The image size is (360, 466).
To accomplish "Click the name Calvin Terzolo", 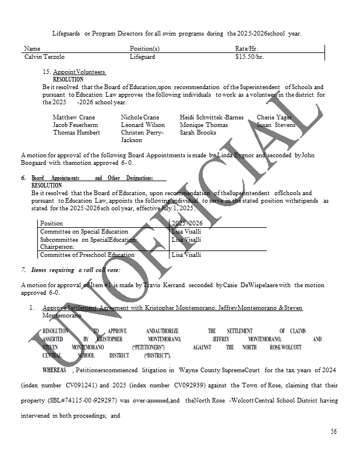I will click(44, 57).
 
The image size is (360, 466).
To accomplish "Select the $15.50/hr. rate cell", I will click(249, 57).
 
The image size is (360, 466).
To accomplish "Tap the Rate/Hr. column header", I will click(246, 48).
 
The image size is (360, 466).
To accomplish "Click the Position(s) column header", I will click(144, 48).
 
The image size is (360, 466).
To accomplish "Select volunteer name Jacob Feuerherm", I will click(75, 125).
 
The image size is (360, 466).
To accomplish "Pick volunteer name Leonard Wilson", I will click(143, 125).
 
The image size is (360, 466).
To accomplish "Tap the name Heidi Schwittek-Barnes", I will click(211, 117).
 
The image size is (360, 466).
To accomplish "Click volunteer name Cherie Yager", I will click(274, 117).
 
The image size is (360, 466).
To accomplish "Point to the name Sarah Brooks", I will click(198, 132).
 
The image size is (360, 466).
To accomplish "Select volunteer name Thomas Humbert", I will click(76, 132).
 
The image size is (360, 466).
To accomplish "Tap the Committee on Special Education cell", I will click(84, 231).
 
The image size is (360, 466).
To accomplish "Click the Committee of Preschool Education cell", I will click(87, 255).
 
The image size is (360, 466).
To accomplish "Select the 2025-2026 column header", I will click(188, 223).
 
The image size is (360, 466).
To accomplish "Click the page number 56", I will click(333, 432).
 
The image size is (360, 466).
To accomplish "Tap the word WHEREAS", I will click(56, 370).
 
